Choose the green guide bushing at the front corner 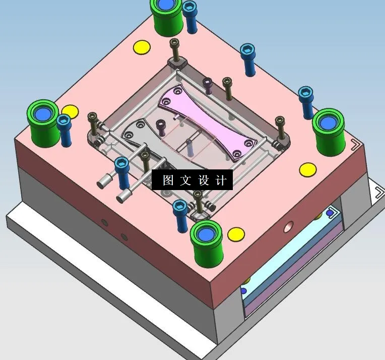pos(206,242)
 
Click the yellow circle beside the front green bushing pos(236,234)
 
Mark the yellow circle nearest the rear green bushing pos(142,48)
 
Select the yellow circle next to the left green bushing pos(70,111)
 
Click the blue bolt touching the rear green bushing pos(190,15)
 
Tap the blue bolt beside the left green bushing pos(64,128)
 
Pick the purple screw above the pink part pos(207,84)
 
